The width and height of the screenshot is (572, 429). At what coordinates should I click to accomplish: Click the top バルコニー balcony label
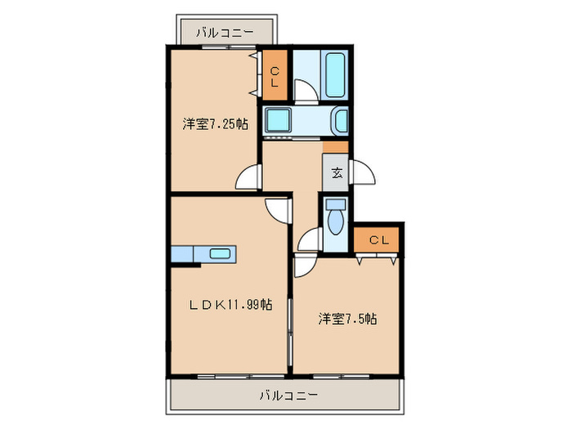click(226, 34)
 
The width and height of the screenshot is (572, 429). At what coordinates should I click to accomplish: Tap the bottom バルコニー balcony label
click(285, 395)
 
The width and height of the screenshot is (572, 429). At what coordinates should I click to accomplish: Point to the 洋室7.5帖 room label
click(347, 319)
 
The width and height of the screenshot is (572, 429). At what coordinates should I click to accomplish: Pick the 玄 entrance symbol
click(337, 172)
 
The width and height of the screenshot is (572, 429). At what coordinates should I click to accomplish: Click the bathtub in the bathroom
click(336, 74)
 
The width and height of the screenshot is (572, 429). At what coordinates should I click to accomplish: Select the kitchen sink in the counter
click(220, 253)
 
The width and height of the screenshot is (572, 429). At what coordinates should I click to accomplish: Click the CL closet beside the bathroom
click(275, 76)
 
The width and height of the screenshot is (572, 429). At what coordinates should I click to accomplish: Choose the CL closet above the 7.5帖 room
click(378, 239)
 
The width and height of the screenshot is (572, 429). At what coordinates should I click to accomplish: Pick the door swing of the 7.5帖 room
click(305, 265)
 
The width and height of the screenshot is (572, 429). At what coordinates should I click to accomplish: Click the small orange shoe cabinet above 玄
click(335, 147)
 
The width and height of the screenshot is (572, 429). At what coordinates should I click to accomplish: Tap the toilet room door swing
click(310, 240)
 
